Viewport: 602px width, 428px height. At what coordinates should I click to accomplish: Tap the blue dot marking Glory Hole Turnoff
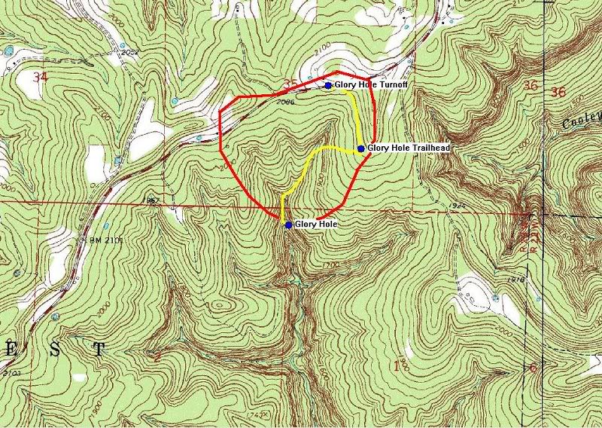pyautogui.click(x=329, y=85)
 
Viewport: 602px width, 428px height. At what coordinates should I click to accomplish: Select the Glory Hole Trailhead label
pyautogui.click(x=409, y=148)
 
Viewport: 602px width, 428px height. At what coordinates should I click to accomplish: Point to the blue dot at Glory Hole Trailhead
pyautogui.click(x=361, y=148)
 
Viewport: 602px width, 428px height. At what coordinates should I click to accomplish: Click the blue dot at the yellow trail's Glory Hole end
pyautogui.click(x=288, y=224)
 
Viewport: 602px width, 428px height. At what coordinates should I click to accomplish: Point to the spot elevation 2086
pyautogui.click(x=284, y=101)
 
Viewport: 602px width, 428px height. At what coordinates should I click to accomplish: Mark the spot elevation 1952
pyautogui.click(x=148, y=201)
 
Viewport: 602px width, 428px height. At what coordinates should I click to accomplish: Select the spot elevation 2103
pyautogui.click(x=11, y=373)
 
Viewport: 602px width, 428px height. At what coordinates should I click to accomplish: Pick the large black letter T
pyautogui.click(x=98, y=348)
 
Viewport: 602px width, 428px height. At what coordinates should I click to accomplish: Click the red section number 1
pyautogui.click(x=397, y=366)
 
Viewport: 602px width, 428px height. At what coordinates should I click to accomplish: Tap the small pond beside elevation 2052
pyautogui.click(x=9, y=51)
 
